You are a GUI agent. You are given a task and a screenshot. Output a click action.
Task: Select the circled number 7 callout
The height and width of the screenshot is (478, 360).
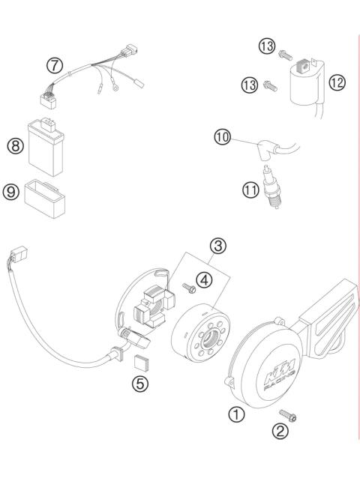point(54,65)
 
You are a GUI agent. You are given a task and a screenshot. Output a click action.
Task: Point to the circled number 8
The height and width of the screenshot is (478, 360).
point(15,146)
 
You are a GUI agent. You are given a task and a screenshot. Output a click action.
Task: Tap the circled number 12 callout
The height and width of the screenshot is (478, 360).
point(337,83)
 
